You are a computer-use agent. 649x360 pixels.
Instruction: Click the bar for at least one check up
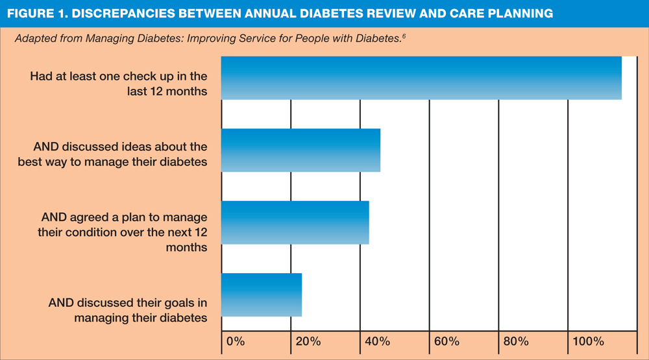point(421,78)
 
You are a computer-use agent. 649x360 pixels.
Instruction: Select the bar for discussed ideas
point(300,150)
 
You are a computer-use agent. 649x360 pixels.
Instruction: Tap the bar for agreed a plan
point(295,222)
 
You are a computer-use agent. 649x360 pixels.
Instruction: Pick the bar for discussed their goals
point(262,295)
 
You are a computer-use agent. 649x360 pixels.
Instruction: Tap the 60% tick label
point(444,341)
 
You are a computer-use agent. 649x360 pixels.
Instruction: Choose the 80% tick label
point(513,341)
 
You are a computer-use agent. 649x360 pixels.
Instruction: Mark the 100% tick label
point(586,341)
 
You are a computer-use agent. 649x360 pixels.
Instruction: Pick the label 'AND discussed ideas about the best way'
point(113,154)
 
